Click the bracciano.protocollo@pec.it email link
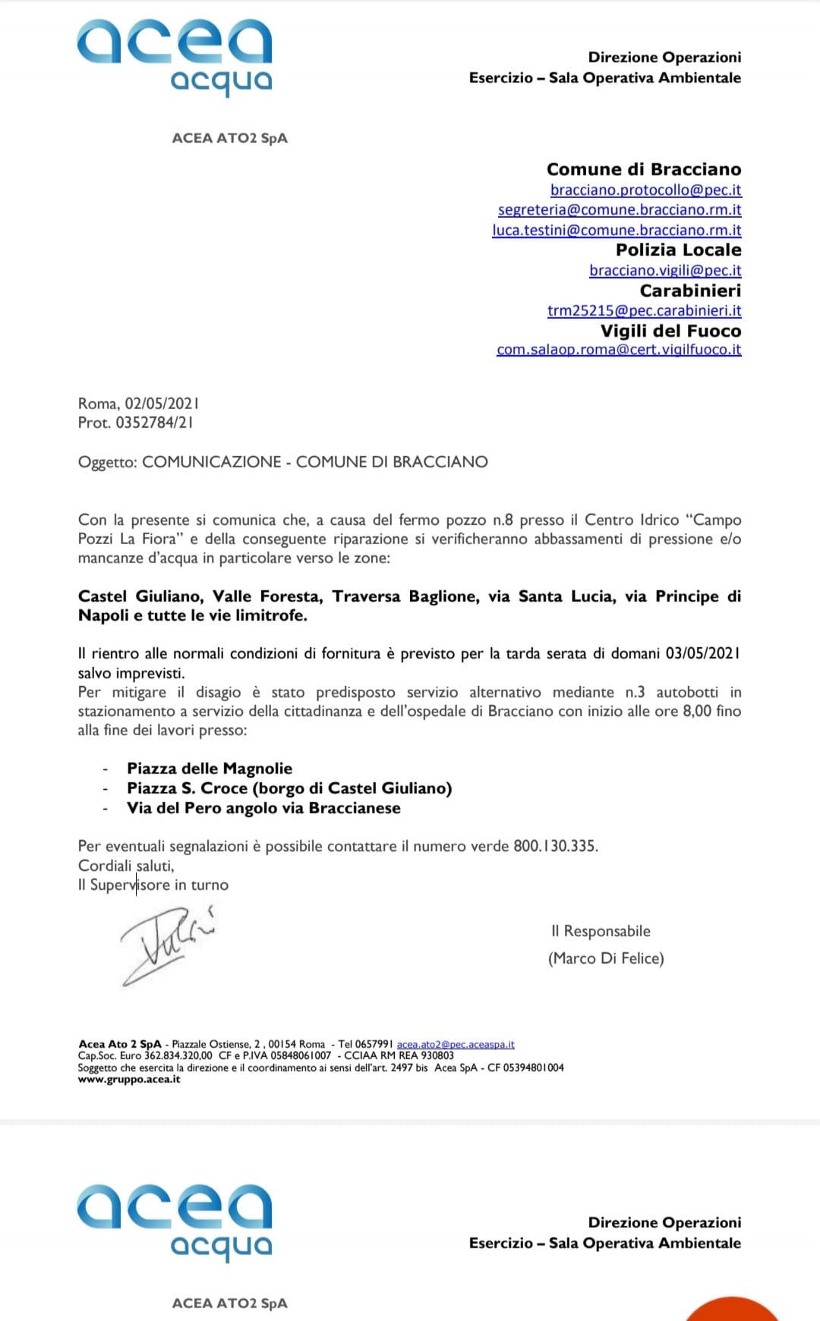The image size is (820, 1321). coord(645,190)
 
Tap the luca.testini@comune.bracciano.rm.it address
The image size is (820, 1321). coord(617,230)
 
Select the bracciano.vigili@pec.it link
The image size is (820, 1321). coord(665,270)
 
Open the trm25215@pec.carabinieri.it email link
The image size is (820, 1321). coord(644,310)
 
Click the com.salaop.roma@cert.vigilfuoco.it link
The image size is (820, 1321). coord(619,350)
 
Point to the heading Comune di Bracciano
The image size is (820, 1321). coord(644,169)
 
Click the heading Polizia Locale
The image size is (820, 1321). coord(678,250)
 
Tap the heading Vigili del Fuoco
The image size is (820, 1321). coord(670,331)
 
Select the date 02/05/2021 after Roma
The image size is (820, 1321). coord(162,404)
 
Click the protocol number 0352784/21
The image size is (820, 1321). coord(154,423)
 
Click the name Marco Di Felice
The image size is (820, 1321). coord(606,958)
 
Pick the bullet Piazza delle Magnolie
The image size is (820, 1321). coord(210,769)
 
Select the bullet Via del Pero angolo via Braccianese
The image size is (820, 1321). coord(263,808)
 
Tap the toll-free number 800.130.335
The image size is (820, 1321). coord(554,846)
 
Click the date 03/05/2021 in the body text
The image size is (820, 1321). coord(702,653)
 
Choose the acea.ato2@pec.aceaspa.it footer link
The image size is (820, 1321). coord(456,1045)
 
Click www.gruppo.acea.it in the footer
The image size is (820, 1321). coord(129,1080)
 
